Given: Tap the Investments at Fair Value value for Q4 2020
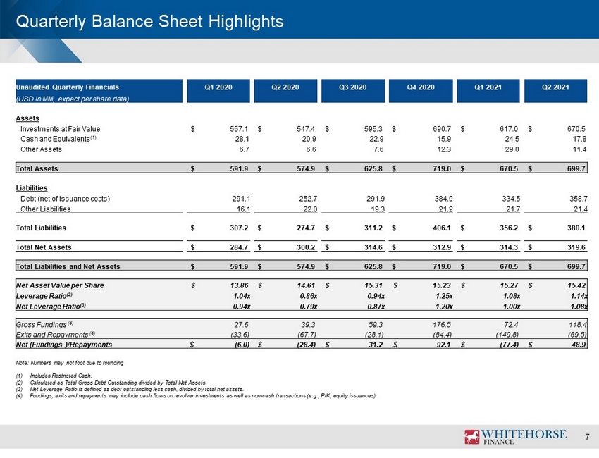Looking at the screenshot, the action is tap(442, 129).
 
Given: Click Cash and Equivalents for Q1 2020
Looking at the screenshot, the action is tap(242, 139).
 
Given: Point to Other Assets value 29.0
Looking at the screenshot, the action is tap(512, 149).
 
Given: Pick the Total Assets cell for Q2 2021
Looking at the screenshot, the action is tap(576, 168).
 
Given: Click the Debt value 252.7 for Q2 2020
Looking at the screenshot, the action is tap(308, 199).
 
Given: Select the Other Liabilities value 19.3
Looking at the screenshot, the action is tap(378, 209).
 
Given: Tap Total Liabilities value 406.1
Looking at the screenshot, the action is tap(442, 228).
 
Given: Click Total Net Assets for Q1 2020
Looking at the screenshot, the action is tap(239, 247).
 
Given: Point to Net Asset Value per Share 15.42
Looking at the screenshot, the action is tap(577, 285).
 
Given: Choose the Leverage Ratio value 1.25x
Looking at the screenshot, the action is tap(444, 296).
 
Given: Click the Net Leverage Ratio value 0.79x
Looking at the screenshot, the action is tap(309, 307).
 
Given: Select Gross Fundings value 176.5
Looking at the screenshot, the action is tap(442, 325).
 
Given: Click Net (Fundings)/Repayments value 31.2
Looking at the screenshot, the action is tap(376, 345).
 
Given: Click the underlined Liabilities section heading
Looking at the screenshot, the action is tap(32, 188).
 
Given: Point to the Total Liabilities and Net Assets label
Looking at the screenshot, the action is tap(68, 266).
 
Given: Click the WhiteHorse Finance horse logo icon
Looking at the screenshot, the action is tap(471, 437).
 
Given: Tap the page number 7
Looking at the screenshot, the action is tap(587, 437).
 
